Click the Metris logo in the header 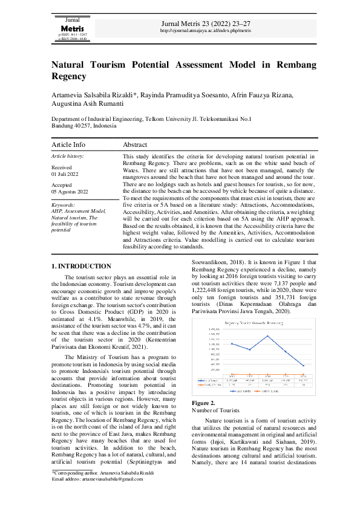click(x=72, y=28)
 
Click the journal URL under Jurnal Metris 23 click(x=205, y=30)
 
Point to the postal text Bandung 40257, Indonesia click(x=83, y=127)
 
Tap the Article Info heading click(x=68, y=145)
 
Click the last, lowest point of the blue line click(x=303, y=365)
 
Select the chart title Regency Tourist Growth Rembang click(x=255, y=323)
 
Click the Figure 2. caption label click(x=203, y=403)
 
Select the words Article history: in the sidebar click(x=68, y=156)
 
